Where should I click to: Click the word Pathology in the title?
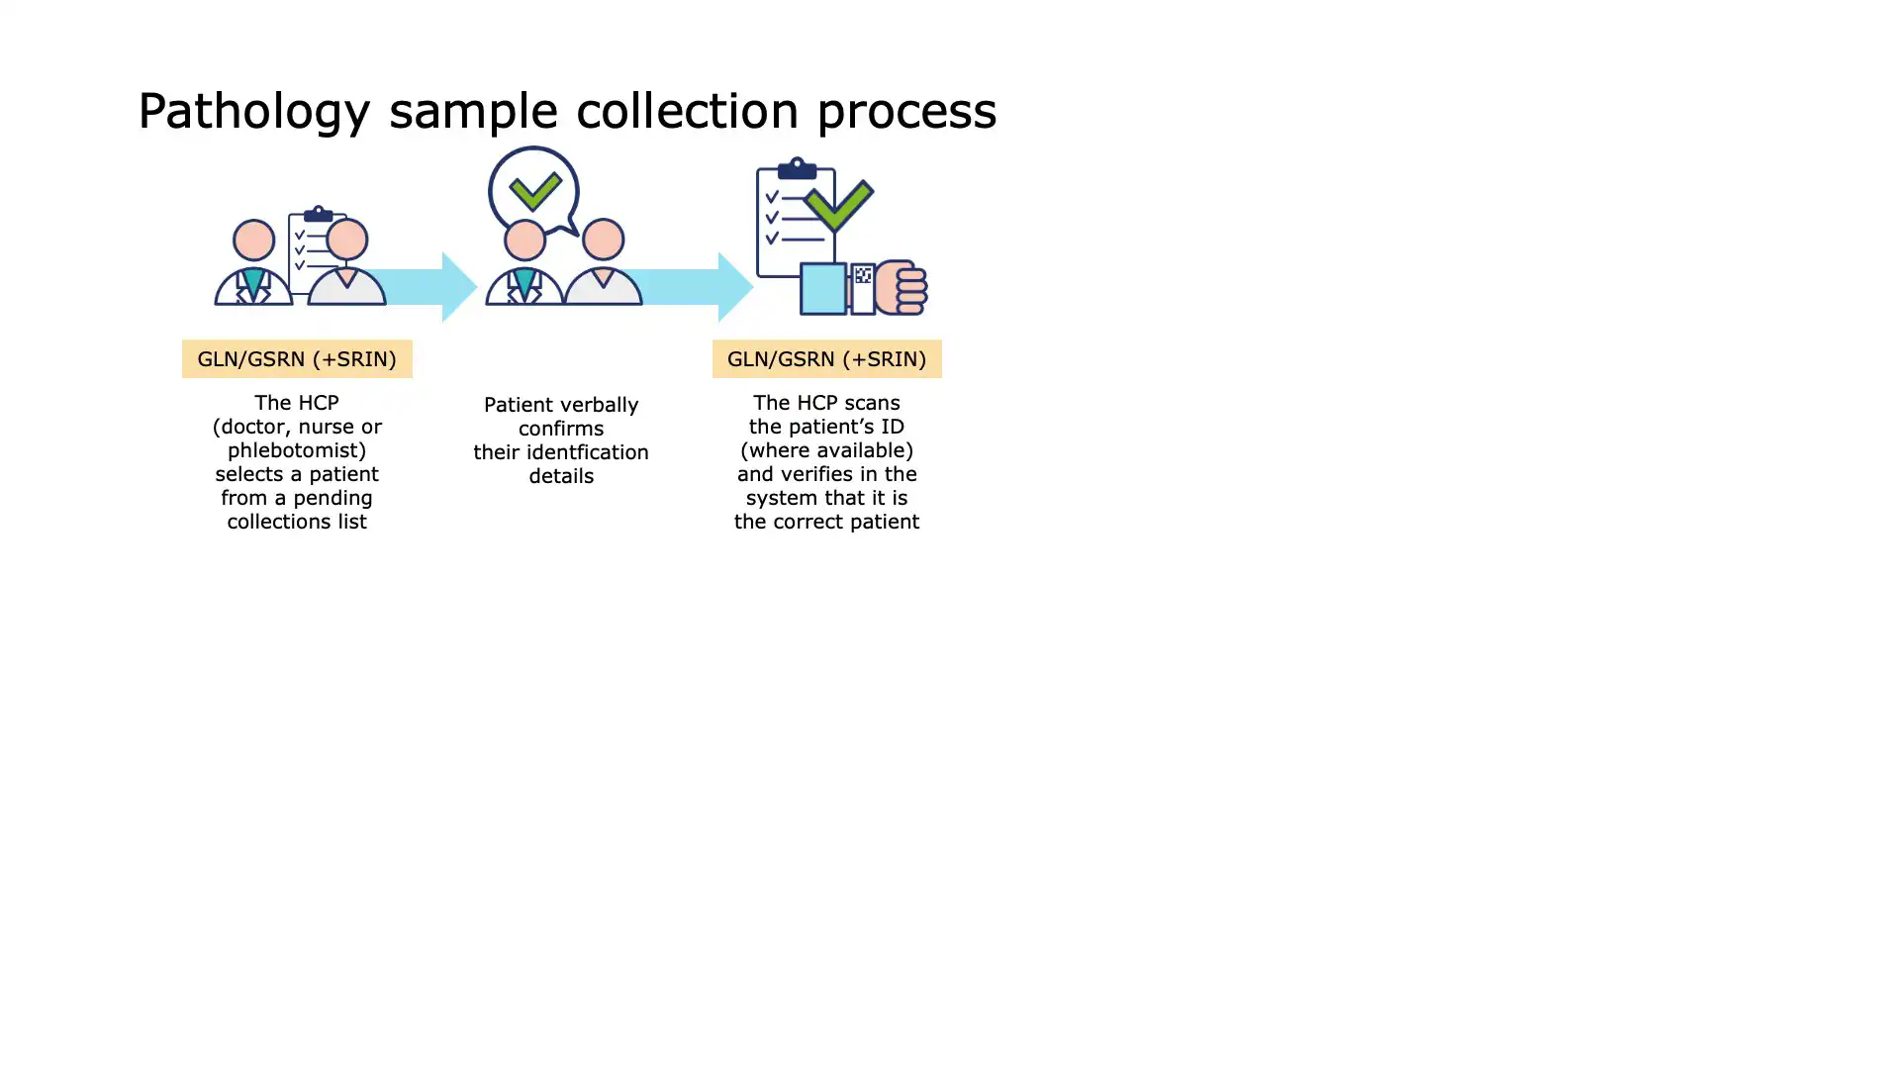click(x=254, y=112)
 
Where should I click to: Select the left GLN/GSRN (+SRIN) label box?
click(x=297, y=358)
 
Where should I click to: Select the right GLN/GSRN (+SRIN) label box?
click(x=827, y=358)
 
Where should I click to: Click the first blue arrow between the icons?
click(x=421, y=287)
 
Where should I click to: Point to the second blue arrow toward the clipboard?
click(x=693, y=287)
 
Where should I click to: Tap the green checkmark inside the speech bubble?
click(x=535, y=191)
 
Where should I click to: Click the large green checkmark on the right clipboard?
click(x=838, y=205)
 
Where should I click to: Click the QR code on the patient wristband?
click(x=863, y=275)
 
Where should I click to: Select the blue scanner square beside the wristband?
click(x=823, y=288)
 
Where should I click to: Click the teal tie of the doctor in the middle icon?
click(x=524, y=283)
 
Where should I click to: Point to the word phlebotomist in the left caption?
click(x=297, y=450)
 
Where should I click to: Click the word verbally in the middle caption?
click(x=600, y=405)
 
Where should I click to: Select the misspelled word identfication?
click(x=581, y=452)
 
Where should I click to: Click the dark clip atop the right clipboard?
click(x=797, y=168)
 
